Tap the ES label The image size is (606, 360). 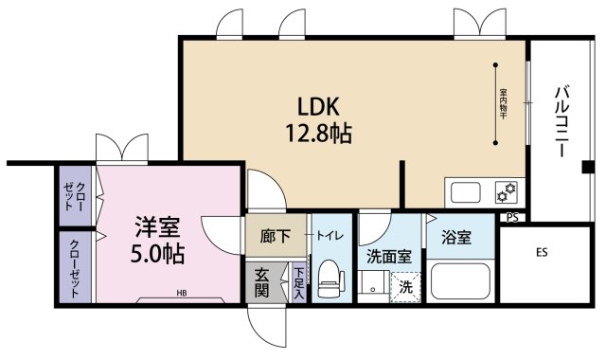pyautogui.click(x=542, y=253)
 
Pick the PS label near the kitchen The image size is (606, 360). pyautogui.click(x=512, y=217)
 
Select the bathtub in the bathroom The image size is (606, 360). pyautogui.click(x=459, y=281)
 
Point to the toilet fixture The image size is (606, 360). pyautogui.click(x=330, y=278)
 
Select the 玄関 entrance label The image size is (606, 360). pyautogui.click(x=262, y=281)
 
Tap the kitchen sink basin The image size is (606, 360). pyautogui.click(x=468, y=192)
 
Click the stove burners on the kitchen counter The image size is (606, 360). pyautogui.click(x=506, y=192)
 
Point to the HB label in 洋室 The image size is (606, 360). pyautogui.click(x=180, y=294)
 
